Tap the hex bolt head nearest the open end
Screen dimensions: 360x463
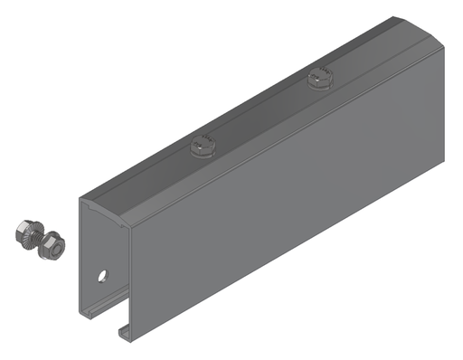[203, 144]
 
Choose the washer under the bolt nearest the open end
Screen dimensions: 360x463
[203, 150]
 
